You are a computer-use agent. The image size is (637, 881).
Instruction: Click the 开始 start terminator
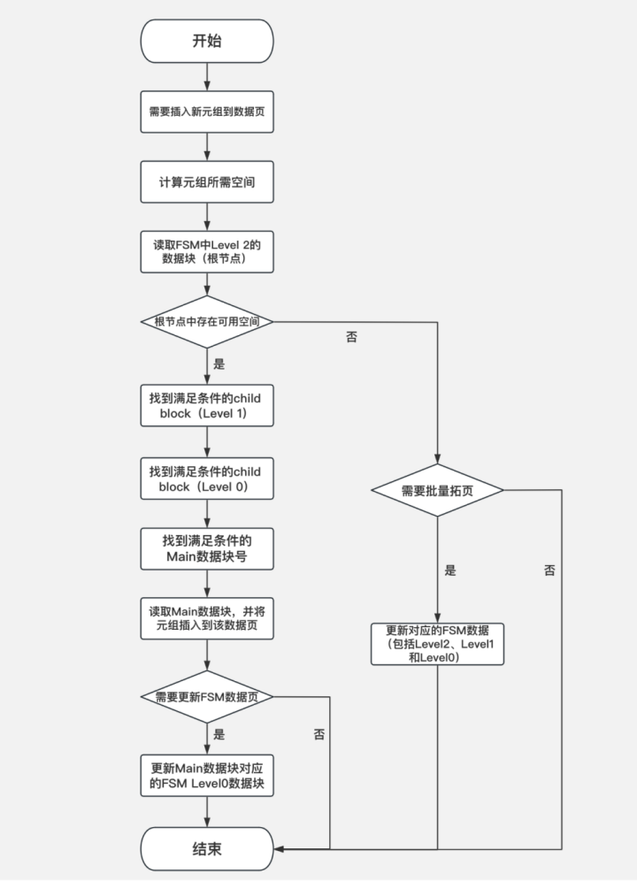coord(206,42)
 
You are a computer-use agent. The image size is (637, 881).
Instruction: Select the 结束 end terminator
coord(206,848)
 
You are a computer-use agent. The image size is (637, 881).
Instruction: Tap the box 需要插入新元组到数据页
coord(206,113)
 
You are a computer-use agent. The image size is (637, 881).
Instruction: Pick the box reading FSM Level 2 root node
coord(206,251)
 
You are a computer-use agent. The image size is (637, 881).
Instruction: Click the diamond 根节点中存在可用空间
coord(206,322)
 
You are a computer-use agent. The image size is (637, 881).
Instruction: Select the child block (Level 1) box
coord(206,406)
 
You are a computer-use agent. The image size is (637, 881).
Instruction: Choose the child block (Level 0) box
coord(206,479)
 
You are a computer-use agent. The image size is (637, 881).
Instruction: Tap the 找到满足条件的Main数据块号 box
coord(206,548)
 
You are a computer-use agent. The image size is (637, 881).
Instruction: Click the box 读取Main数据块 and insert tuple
coord(206,618)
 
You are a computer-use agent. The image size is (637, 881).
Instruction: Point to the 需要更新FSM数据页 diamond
coord(206,696)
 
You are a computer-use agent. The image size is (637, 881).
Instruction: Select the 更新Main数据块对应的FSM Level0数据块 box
coord(206,776)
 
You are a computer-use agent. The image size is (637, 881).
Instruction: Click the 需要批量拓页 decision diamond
coord(437,490)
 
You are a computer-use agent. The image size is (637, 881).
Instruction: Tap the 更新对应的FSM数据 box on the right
coord(437,643)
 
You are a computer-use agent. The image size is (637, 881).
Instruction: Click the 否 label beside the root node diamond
coord(351,337)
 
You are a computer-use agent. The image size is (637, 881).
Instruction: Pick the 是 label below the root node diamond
coord(219,364)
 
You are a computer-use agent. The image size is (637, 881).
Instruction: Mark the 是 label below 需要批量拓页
coord(450,571)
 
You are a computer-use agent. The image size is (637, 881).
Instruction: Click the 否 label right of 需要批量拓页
coord(549,571)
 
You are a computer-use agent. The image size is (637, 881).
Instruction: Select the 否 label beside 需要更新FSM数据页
coord(318,734)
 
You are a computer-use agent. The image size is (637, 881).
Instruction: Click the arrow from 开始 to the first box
coord(206,77)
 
